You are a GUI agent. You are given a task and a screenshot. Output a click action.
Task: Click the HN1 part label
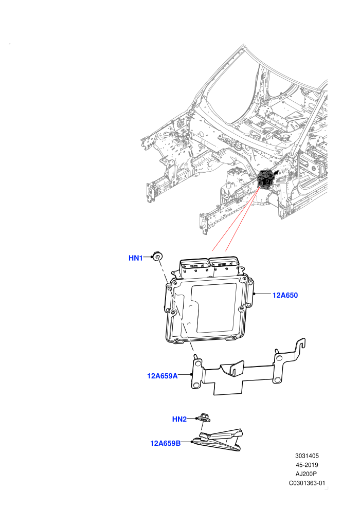(x=136, y=258)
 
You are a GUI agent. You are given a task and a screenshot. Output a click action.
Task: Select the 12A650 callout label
(x=285, y=295)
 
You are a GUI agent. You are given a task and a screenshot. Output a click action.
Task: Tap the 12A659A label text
(x=163, y=376)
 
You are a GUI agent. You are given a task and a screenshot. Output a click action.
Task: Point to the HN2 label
(x=179, y=419)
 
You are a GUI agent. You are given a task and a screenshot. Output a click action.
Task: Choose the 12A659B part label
(x=165, y=443)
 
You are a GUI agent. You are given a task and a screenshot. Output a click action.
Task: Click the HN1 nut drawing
(x=157, y=256)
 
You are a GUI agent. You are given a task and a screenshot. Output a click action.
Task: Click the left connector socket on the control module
(x=195, y=268)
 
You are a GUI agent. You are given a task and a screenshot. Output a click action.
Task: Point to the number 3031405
(x=307, y=456)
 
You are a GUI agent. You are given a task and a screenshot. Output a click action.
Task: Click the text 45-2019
(x=307, y=465)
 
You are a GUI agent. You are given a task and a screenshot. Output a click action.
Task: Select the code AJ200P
(x=306, y=474)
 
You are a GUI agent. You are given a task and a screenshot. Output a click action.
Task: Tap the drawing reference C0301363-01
(x=307, y=483)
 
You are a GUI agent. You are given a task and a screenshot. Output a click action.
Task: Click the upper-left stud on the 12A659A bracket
(x=196, y=357)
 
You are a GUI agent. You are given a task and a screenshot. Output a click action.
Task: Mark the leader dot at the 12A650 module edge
(x=254, y=294)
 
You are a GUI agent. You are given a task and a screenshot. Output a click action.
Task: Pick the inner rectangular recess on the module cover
(x=213, y=308)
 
